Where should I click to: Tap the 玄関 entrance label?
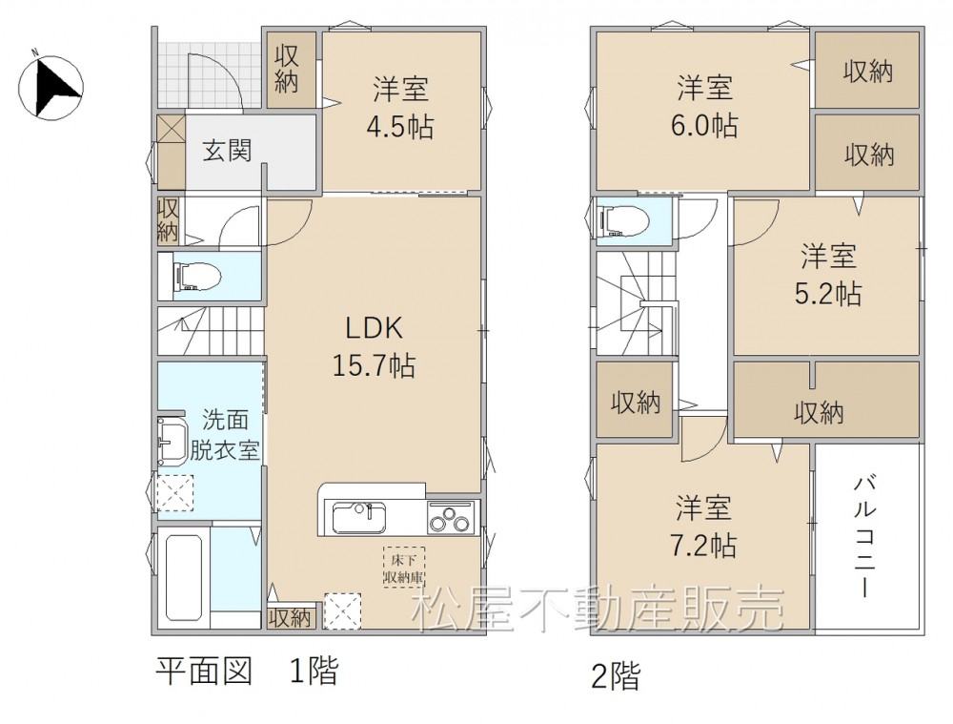(x=228, y=151)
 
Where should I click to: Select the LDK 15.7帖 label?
(x=375, y=347)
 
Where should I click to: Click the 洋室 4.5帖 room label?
(x=401, y=109)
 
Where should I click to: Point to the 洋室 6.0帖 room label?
(x=705, y=107)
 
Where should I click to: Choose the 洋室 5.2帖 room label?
(x=828, y=275)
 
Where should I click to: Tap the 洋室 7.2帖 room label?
(x=704, y=527)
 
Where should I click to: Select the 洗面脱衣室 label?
(x=225, y=435)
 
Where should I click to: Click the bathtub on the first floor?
(x=184, y=575)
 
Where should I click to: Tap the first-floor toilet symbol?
(x=197, y=277)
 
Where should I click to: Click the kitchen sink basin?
(x=358, y=519)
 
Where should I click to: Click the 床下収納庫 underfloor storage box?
(x=403, y=567)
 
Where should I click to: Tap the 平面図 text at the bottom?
(x=204, y=672)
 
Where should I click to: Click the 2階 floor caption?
(x=616, y=676)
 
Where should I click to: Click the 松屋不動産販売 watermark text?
(x=598, y=610)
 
